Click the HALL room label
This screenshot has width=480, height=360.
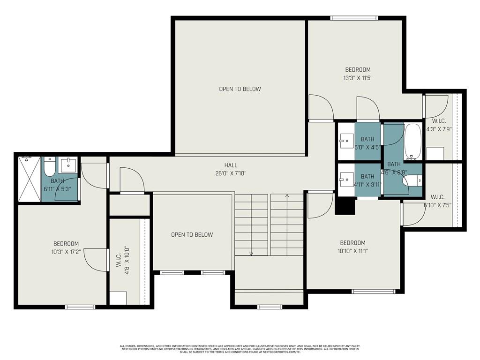(x=231, y=165)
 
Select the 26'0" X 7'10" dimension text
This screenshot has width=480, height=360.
(x=231, y=173)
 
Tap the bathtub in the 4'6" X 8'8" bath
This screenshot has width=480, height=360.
(x=413, y=141)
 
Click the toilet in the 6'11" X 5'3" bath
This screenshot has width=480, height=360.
(x=49, y=166)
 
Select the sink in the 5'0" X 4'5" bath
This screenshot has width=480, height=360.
(x=346, y=139)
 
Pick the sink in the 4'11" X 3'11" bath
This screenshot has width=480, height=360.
(x=346, y=179)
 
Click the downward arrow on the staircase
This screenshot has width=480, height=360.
(x=252, y=254)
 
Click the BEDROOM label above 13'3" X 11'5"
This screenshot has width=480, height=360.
(x=358, y=70)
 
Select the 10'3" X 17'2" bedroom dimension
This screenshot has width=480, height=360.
(x=66, y=252)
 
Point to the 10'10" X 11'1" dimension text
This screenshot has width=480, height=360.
(x=352, y=251)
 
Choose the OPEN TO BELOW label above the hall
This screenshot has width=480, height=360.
(x=240, y=89)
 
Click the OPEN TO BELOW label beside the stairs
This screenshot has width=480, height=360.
(x=192, y=235)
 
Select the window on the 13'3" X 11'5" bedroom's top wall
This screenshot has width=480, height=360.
(x=354, y=18)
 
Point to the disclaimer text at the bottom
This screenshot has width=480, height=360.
(x=240, y=349)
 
